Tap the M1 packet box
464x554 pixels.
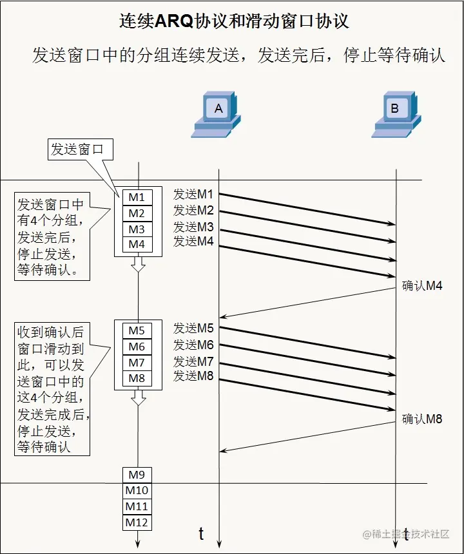point(137,197)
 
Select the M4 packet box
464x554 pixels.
point(137,245)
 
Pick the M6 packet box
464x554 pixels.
point(137,347)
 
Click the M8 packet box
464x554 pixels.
point(137,378)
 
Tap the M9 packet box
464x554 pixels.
point(137,475)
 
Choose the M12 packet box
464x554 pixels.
point(137,522)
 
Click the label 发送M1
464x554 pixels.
point(193,194)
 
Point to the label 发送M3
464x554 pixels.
point(193,227)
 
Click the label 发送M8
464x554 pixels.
point(193,376)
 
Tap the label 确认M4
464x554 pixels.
point(422,286)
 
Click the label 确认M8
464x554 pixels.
point(422,419)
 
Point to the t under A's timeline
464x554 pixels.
point(201,533)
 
